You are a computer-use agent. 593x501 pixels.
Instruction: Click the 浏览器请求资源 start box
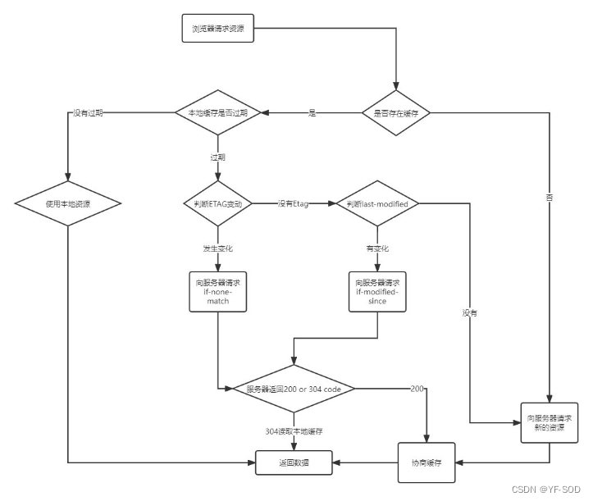point(217,30)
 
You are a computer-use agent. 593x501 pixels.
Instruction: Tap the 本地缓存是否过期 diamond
point(218,112)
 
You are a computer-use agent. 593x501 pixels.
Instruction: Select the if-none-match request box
point(217,291)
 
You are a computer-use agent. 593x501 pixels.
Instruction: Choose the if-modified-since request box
point(378,291)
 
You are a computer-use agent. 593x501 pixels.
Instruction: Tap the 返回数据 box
point(294,463)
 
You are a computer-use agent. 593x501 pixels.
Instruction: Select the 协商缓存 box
point(427,463)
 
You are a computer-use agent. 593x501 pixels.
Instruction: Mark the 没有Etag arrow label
point(292,203)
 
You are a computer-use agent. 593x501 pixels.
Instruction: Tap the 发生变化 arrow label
point(217,247)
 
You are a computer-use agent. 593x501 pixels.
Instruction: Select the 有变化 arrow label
point(378,247)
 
